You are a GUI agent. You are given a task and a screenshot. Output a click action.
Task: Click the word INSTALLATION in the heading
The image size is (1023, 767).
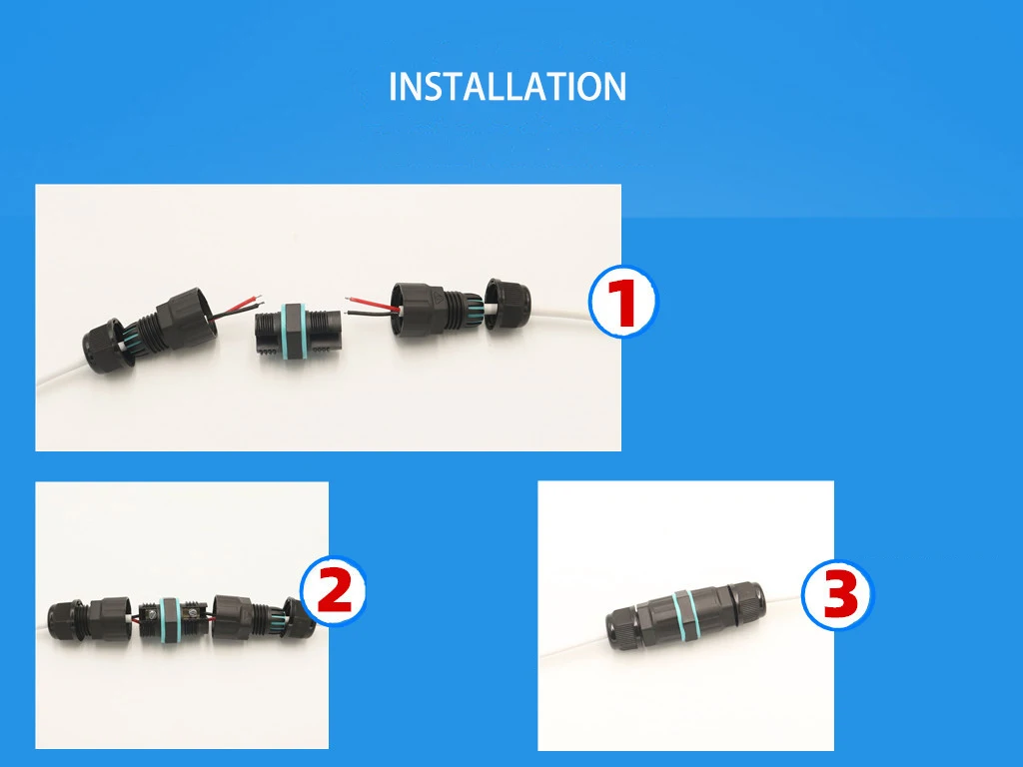[507, 87]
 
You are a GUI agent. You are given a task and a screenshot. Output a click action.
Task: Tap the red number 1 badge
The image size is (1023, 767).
[622, 302]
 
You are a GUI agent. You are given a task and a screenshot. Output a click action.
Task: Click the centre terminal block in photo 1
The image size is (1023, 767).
[297, 329]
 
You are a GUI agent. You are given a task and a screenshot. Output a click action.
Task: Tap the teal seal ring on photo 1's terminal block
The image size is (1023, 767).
[297, 329]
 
